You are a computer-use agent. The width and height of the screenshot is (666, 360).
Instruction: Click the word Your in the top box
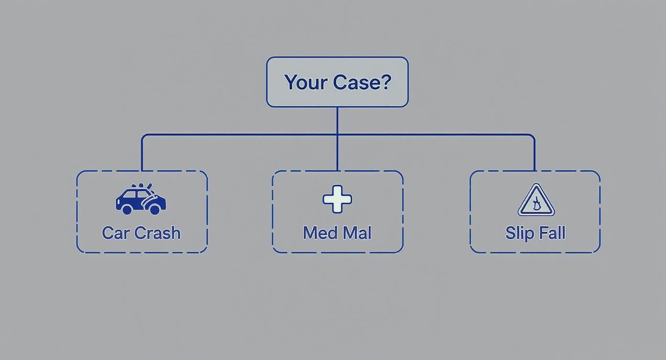(x=306, y=82)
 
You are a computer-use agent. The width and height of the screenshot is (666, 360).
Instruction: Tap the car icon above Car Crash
(x=141, y=200)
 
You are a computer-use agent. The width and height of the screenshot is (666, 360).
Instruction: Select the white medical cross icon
(x=337, y=199)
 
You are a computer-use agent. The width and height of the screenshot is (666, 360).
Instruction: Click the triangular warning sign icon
(x=536, y=201)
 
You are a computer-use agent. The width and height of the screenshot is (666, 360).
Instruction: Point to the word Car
(x=115, y=233)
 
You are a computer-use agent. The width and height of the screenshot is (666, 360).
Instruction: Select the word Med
(x=318, y=233)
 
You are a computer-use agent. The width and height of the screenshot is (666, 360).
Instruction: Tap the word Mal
(x=358, y=233)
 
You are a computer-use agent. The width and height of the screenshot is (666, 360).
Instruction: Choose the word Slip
(x=519, y=233)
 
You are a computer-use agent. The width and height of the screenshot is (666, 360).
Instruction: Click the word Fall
(x=553, y=233)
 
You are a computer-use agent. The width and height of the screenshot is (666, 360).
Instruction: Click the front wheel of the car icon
(x=155, y=209)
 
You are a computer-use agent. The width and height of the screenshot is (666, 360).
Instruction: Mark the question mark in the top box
(x=386, y=82)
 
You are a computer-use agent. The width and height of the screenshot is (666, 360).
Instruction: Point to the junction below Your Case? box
(x=337, y=135)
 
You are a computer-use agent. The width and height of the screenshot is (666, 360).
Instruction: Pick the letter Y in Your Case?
(x=290, y=82)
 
